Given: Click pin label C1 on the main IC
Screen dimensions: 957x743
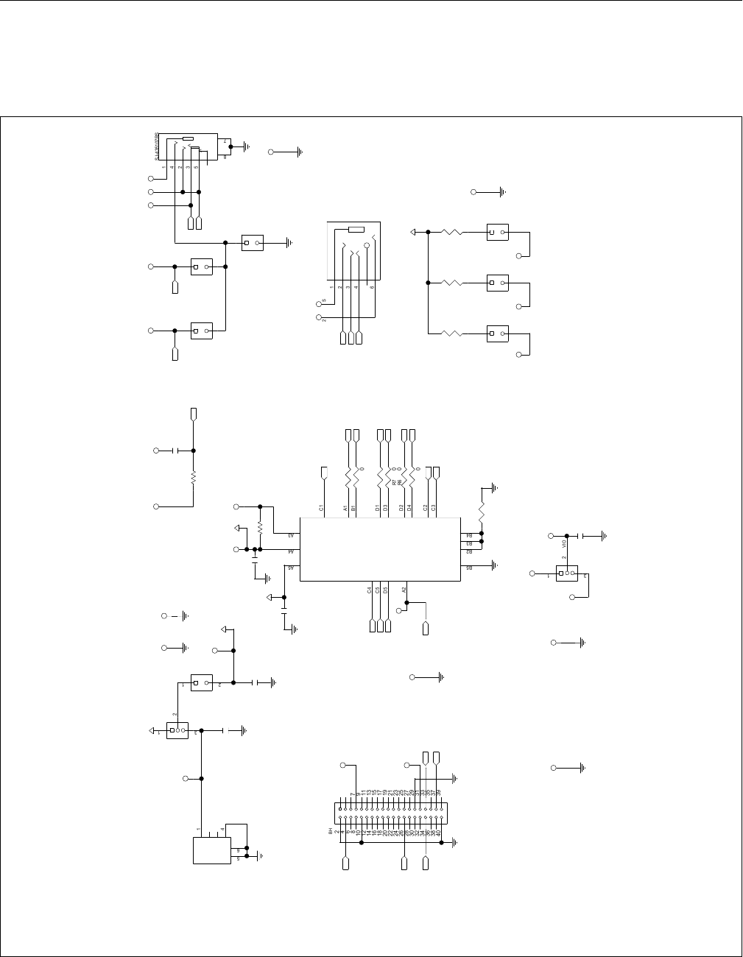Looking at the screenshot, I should pyautogui.click(x=322, y=507).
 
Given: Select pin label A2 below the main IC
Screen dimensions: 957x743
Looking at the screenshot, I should pyautogui.click(x=404, y=589).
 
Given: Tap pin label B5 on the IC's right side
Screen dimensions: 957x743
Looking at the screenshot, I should pyautogui.click(x=468, y=568).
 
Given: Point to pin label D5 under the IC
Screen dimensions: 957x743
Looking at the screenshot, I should pyautogui.click(x=385, y=590).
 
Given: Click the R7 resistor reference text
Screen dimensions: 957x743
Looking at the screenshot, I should pyautogui.click(x=394, y=482).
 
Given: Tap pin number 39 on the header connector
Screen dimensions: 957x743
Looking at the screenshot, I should pyautogui.click(x=438, y=793).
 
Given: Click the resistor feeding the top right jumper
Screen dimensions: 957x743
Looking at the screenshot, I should pyautogui.click(x=452, y=233).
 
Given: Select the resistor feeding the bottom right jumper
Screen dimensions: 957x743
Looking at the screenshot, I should pyautogui.click(x=452, y=333).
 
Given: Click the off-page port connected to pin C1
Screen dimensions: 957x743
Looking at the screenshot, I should pyautogui.click(x=323, y=471).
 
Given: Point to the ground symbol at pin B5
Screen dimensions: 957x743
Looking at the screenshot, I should pyautogui.click(x=494, y=566).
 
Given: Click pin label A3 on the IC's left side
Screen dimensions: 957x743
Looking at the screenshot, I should pyautogui.click(x=292, y=535).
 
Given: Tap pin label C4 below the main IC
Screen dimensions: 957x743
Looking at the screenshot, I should pyautogui.click(x=369, y=590).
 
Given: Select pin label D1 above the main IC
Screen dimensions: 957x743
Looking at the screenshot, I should pyautogui.click(x=378, y=507).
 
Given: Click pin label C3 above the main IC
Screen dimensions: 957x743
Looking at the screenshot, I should pyautogui.click(x=434, y=507).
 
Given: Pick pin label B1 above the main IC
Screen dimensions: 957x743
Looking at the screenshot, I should pyautogui.click(x=353, y=507).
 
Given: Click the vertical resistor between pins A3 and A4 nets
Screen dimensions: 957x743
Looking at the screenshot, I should pyautogui.click(x=260, y=528).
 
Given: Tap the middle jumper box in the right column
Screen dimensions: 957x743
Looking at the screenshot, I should pyautogui.click(x=498, y=283).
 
